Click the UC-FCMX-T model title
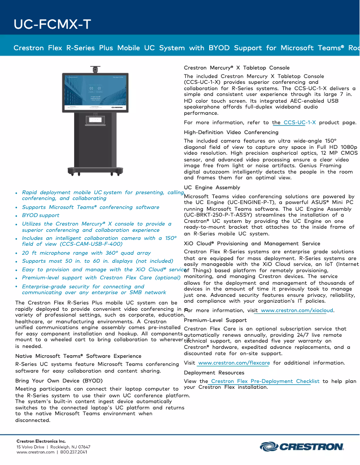[x=52, y=24]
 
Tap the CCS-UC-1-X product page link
[x=299, y=122]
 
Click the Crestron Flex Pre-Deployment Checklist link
[x=265, y=381]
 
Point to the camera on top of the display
[x=95, y=70]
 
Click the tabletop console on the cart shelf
[x=95, y=120]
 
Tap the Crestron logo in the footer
[x=302, y=447]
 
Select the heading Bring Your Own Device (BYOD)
[x=59, y=380]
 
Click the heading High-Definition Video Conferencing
[x=231, y=132]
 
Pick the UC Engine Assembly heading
[x=212, y=187]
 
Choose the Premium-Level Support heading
[x=215, y=320]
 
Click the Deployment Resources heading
[x=214, y=373]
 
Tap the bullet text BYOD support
[x=40, y=215]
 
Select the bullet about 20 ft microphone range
[x=86, y=253]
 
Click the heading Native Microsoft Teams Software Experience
[x=78, y=356]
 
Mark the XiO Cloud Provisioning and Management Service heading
[x=252, y=243]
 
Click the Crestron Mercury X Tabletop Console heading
[x=237, y=68]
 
